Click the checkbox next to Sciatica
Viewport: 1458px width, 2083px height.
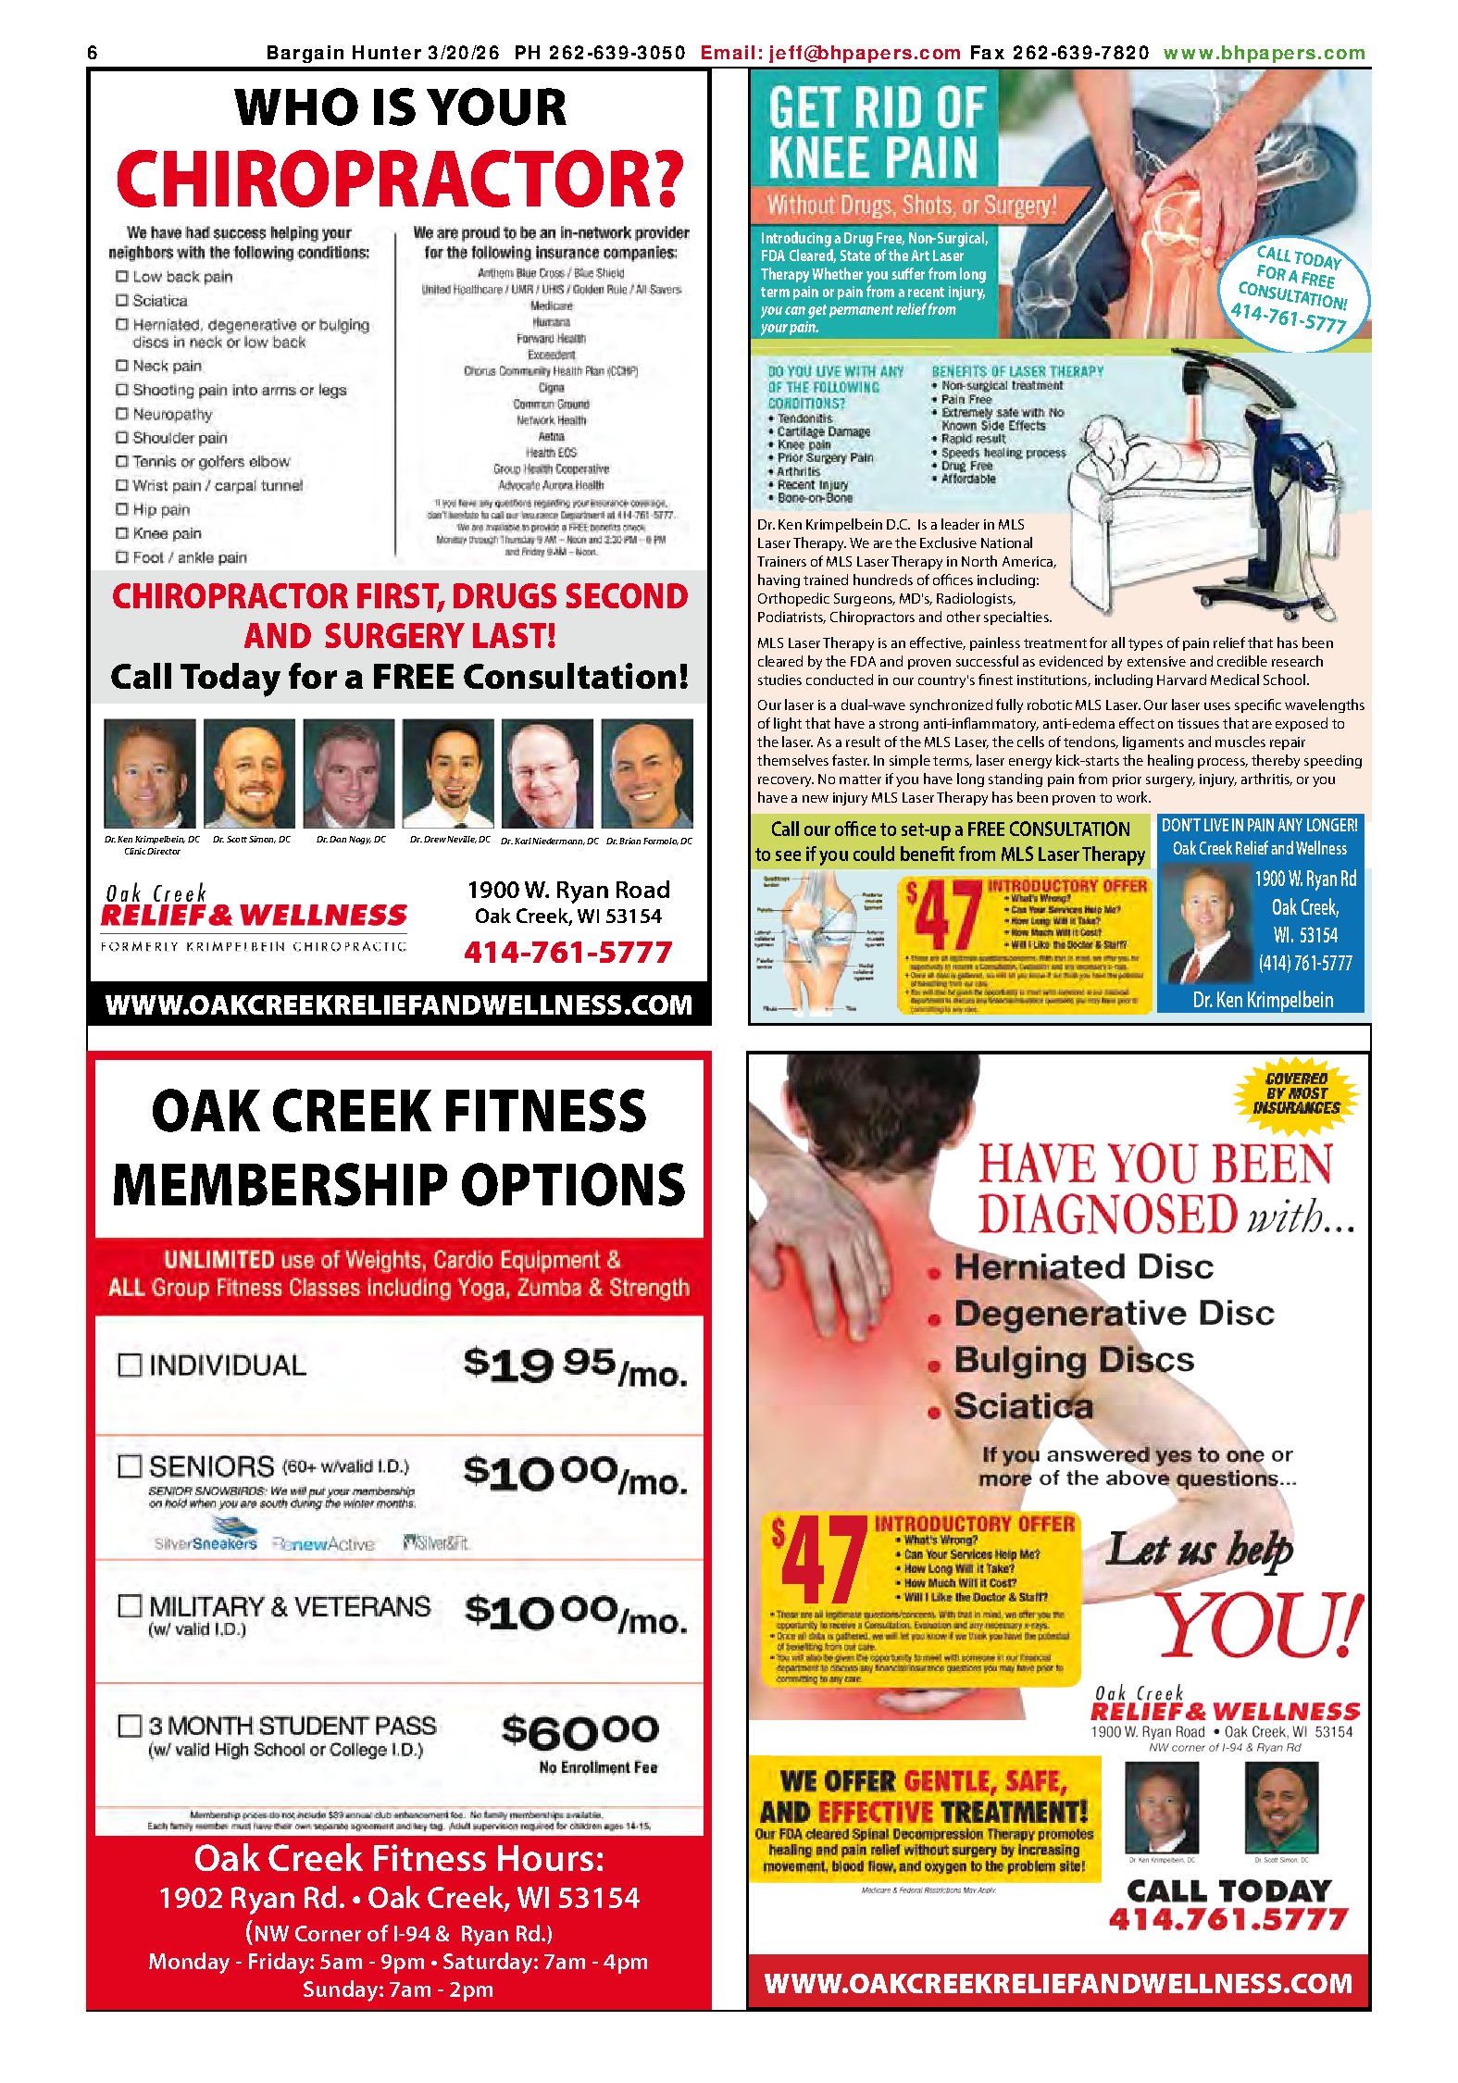pyautogui.click(x=121, y=300)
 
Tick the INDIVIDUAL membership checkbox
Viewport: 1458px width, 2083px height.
pyautogui.click(x=130, y=1365)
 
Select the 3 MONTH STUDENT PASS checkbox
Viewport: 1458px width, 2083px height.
pyautogui.click(x=130, y=1725)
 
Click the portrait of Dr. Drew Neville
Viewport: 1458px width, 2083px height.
pyautogui.click(x=447, y=773)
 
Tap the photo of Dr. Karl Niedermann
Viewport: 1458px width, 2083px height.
pyautogui.click(x=547, y=773)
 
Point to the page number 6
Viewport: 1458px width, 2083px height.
pyautogui.click(x=92, y=53)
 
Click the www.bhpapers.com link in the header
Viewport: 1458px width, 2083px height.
pyautogui.click(x=1264, y=53)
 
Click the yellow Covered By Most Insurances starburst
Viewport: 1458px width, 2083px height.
pyautogui.click(x=1296, y=1093)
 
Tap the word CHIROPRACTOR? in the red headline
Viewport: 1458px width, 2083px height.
pyautogui.click(x=400, y=178)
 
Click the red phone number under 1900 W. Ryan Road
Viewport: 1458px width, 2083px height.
pyautogui.click(x=567, y=952)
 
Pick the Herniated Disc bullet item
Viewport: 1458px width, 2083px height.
pyautogui.click(x=1083, y=1266)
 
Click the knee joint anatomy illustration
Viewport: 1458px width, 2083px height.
pyautogui.click(x=822, y=944)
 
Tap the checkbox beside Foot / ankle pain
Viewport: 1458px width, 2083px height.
pyautogui.click(x=121, y=556)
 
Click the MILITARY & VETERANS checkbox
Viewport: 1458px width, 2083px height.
pyautogui.click(x=130, y=1606)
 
